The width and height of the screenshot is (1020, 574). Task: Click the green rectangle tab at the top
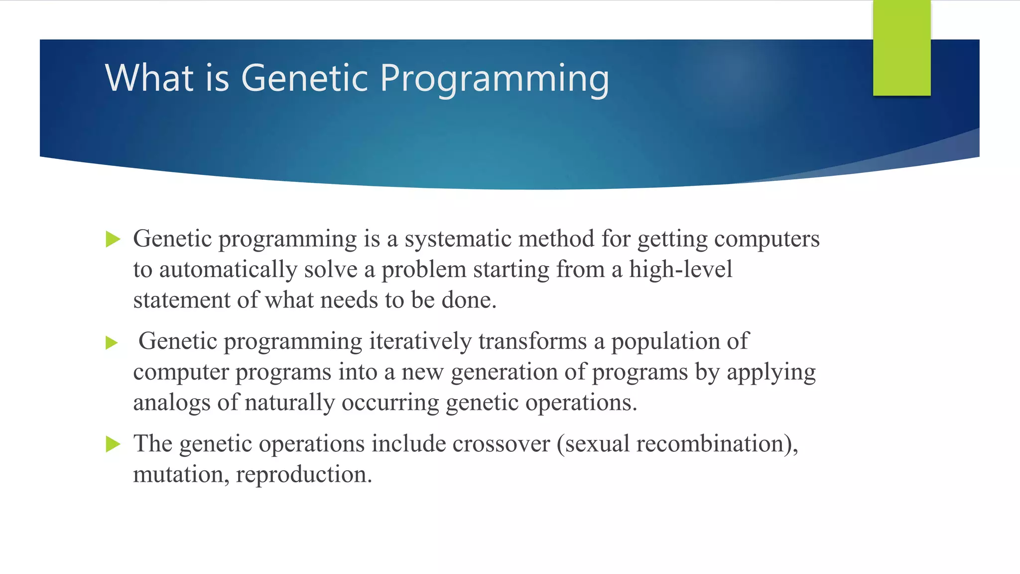(x=901, y=48)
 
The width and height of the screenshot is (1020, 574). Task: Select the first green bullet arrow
(x=114, y=240)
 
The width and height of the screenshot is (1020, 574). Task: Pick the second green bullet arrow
(x=112, y=343)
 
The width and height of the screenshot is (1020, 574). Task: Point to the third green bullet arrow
(x=114, y=444)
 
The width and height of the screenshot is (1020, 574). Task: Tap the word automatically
(x=228, y=270)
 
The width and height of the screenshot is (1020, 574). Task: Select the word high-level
(x=680, y=270)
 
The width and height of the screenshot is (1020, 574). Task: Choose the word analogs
(x=171, y=403)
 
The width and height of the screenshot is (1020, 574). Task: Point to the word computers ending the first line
(x=766, y=240)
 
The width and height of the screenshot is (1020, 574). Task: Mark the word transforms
(x=532, y=342)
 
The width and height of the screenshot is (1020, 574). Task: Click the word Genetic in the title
(x=305, y=78)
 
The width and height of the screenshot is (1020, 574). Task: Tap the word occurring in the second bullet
(x=390, y=403)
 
